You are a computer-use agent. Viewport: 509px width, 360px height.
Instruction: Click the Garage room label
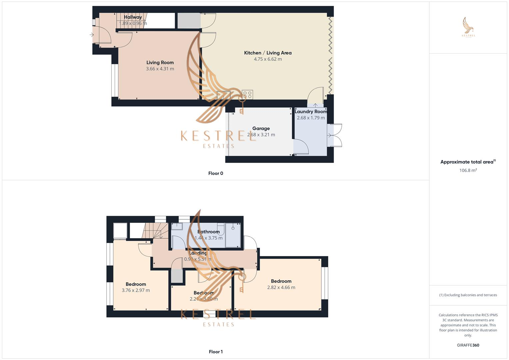click(x=261, y=128)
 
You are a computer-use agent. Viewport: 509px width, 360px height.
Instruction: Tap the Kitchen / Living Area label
click(x=268, y=53)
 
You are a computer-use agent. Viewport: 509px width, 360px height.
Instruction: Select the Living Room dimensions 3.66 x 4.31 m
click(x=160, y=69)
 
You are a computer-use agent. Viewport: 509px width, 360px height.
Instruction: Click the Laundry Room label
click(x=310, y=112)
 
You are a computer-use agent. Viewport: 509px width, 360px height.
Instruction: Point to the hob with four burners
click(x=247, y=95)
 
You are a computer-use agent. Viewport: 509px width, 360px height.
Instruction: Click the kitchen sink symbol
click(x=223, y=95)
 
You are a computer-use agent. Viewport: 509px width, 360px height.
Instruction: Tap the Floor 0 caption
click(x=216, y=173)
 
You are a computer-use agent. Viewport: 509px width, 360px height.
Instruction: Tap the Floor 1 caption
click(x=216, y=352)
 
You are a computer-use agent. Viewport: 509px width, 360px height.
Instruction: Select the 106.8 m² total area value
click(x=468, y=170)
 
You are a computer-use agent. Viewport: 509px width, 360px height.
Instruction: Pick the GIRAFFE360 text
click(x=468, y=345)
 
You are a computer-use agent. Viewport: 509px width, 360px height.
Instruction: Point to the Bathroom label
click(x=209, y=232)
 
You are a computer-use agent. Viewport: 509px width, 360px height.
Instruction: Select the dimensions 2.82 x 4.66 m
click(x=281, y=287)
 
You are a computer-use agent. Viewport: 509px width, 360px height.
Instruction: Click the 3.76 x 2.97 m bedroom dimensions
click(x=136, y=290)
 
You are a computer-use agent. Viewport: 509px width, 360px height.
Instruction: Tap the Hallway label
click(x=133, y=17)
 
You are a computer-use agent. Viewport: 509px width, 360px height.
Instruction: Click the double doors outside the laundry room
click(x=335, y=135)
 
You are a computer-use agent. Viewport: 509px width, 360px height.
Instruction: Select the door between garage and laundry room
click(x=301, y=147)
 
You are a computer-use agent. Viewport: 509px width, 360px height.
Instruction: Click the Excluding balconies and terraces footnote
click(x=468, y=295)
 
